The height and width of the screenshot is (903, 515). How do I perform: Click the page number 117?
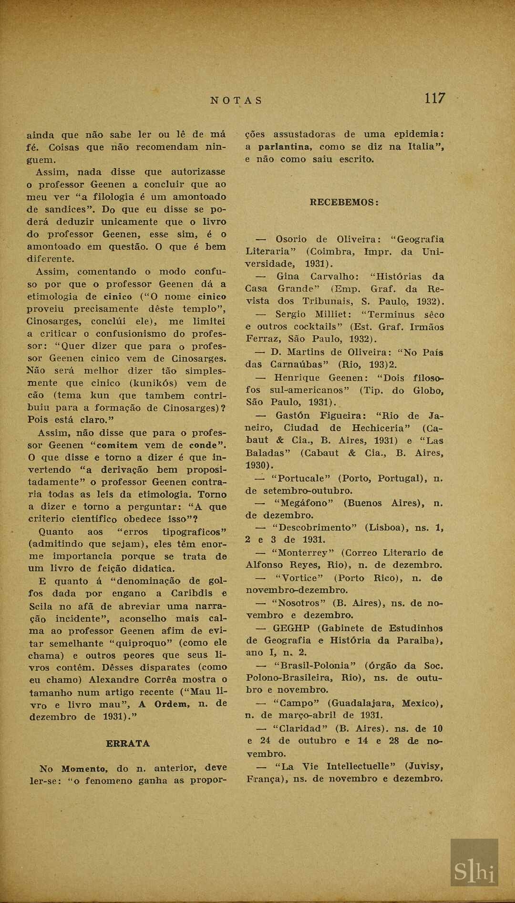434,99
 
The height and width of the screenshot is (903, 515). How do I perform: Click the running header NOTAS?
237,101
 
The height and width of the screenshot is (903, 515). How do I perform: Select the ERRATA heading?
127,743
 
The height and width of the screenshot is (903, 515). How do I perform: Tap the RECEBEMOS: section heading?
344,202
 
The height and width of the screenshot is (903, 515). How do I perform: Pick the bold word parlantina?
285,147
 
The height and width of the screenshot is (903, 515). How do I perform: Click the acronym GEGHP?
291,628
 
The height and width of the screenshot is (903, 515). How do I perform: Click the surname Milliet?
333,315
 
